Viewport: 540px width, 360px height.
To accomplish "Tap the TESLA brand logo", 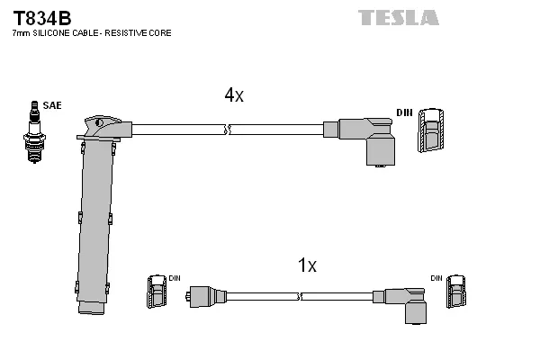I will click(x=399, y=17).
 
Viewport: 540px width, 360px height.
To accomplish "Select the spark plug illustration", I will click(x=35, y=135).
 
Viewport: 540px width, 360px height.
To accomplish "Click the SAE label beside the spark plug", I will click(x=52, y=106).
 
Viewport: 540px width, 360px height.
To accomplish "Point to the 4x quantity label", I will click(x=234, y=95).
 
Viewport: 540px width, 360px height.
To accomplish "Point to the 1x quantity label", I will click(x=307, y=265).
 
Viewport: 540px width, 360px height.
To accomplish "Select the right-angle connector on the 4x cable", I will click(x=369, y=139).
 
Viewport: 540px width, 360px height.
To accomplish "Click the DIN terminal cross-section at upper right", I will click(x=431, y=131).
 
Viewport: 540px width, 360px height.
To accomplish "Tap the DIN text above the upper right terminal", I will click(x=404, y=112).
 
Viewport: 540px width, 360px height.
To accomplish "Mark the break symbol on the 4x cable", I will click(x=230, y=130).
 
